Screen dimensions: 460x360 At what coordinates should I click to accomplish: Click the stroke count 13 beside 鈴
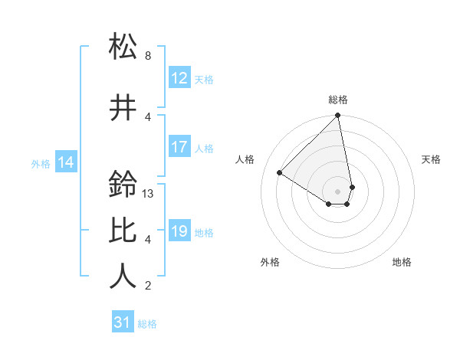149,194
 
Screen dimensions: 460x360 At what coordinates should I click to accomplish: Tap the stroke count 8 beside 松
148,56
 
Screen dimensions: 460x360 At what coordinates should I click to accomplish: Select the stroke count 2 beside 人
148,286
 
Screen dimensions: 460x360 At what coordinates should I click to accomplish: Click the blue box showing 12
179,78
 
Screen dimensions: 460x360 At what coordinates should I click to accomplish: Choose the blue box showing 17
179,147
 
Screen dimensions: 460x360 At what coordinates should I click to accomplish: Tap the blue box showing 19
179,231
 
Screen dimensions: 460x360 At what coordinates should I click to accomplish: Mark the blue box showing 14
66,162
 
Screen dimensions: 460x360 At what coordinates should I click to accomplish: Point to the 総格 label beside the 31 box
147,324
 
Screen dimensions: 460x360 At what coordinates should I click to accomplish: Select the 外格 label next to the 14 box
41,163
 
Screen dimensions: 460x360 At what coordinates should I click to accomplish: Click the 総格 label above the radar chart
338,100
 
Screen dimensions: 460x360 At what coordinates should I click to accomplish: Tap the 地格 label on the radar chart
402,263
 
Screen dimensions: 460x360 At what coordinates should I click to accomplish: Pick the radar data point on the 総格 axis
338,116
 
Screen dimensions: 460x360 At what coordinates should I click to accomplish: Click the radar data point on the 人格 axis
280,173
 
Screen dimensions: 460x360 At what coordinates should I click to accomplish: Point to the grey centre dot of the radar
338,190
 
